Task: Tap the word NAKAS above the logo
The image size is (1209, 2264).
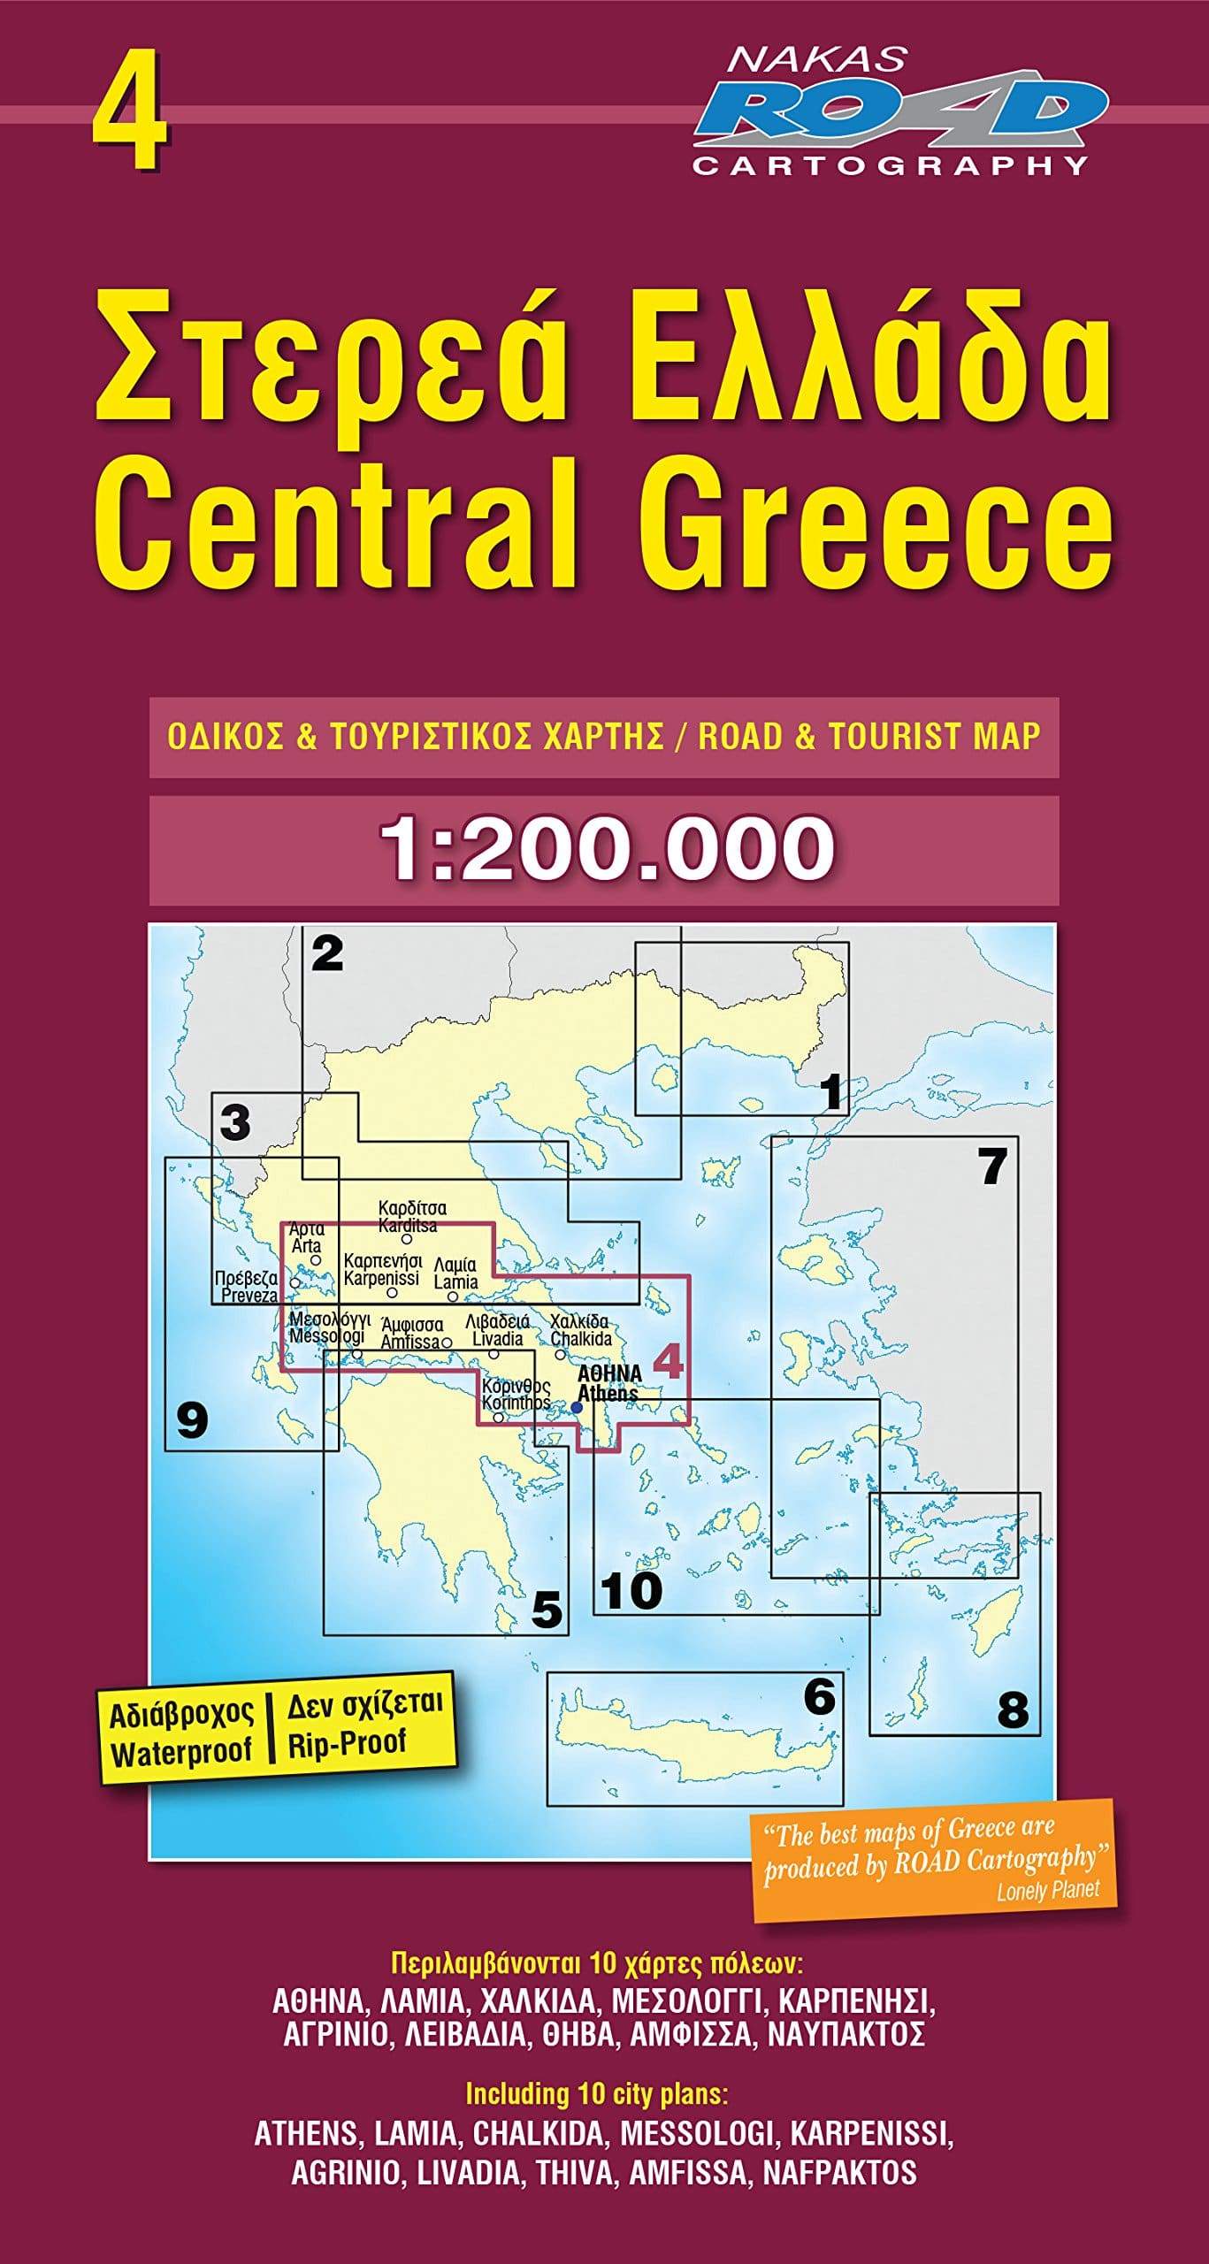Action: (815, 58)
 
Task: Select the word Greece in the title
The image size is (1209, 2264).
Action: (887, 530)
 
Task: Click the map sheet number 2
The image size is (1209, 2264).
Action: (327, 954)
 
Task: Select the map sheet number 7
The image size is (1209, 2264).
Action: (992, 1166)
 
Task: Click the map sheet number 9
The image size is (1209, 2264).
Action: (192, 1420)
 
